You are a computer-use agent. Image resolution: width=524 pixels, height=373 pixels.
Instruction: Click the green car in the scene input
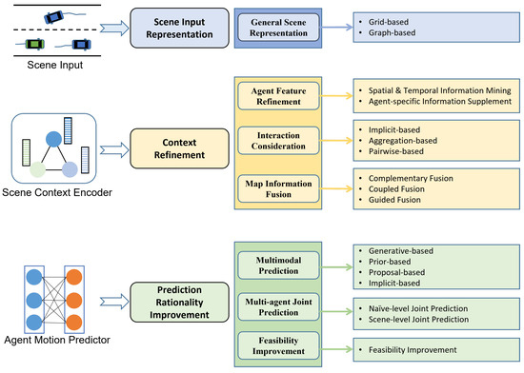(35, 44)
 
